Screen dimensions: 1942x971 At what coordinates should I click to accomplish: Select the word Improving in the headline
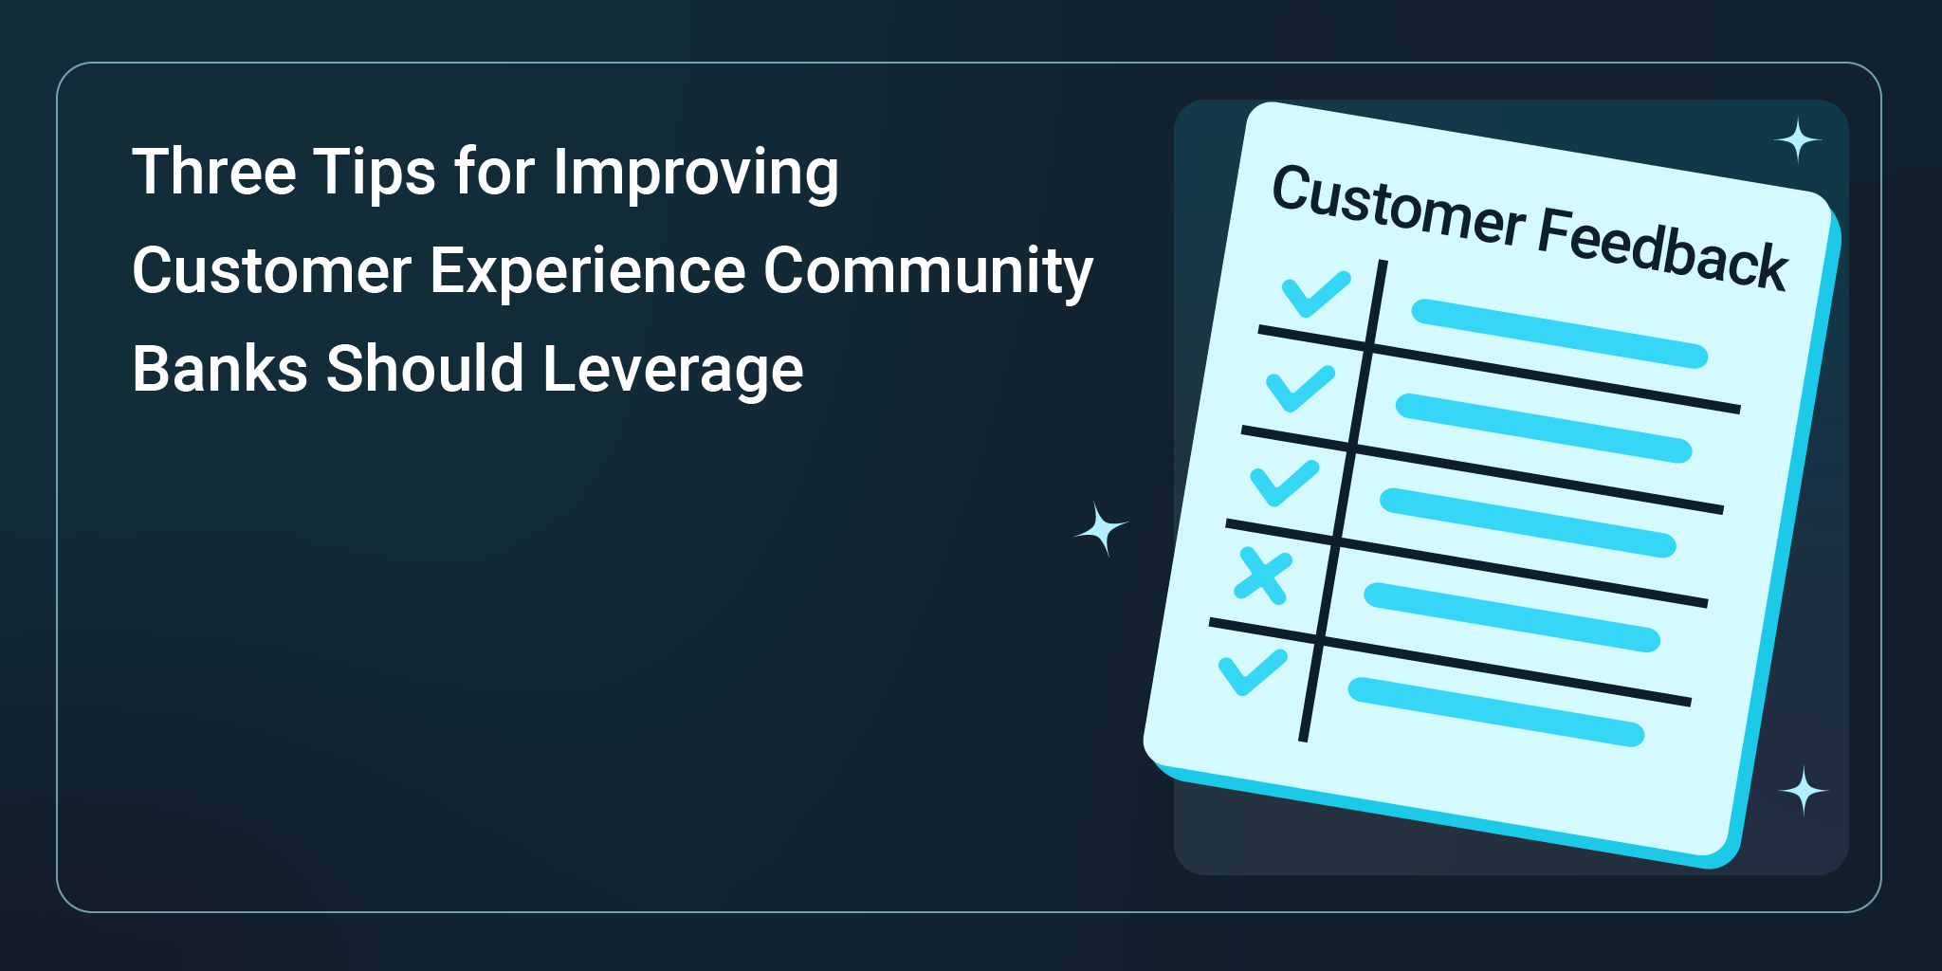[696, 174]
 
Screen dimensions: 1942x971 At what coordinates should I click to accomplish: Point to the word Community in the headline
[928, 272]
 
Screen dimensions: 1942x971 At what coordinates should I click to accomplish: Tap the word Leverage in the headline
[673, 370]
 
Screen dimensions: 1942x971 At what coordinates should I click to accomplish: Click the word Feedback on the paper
[1662, 247]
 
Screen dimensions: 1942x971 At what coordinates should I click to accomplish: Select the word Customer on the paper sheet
[1399, 206]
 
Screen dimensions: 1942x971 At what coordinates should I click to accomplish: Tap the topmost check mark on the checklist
[1316, 293]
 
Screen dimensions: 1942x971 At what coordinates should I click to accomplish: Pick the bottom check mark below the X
[1253, 672]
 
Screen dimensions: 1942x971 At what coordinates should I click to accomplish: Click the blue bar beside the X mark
[1512, 617]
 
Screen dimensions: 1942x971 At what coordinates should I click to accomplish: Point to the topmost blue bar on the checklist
[1560, 334]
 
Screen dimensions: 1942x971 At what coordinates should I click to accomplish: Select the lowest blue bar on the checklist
[1496, 712]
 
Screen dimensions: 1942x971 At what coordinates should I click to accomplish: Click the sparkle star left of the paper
[1101, 529]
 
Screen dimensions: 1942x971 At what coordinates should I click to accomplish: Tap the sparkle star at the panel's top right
[1798, 140]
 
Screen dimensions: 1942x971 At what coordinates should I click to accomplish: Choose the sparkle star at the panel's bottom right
[1804, 791]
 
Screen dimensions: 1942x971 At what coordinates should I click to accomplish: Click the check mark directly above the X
[1285, 483]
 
